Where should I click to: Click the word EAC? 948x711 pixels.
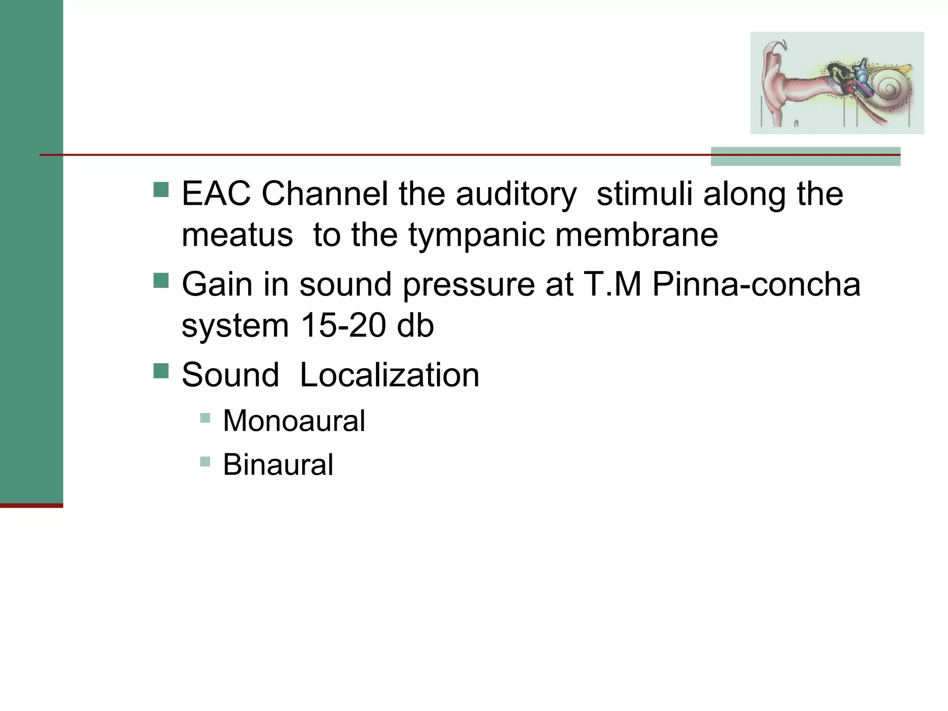216,193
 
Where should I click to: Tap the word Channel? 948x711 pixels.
324,193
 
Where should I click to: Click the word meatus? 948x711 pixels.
237,235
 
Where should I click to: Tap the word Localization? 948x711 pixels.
389,374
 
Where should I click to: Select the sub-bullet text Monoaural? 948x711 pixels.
294,421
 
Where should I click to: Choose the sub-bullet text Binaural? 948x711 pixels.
278,464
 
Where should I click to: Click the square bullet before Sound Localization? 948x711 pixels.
161,371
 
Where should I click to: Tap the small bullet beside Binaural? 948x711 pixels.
205,461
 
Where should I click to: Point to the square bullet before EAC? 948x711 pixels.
161,189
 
